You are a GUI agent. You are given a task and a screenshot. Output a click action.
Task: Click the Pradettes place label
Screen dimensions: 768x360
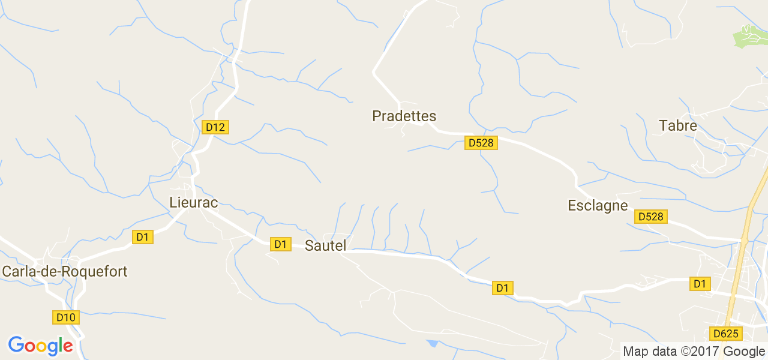click(404, 116)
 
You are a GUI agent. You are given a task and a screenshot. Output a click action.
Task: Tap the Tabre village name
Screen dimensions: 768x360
click(678, 125)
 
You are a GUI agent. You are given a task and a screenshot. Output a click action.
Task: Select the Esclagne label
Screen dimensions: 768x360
click(598, 206)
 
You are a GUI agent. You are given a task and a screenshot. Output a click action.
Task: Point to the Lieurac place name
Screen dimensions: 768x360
click(193, 202)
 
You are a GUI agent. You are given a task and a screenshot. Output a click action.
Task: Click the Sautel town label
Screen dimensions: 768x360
click(326, 245)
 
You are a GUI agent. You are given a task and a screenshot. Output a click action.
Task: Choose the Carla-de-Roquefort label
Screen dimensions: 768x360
click(65, 271)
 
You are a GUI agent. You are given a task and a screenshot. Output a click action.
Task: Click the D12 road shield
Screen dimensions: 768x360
click(215, 127)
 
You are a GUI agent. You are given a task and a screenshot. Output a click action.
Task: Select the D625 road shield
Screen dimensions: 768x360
click(726, 334)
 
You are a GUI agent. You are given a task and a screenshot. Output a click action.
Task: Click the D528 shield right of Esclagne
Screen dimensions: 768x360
click(650, 217)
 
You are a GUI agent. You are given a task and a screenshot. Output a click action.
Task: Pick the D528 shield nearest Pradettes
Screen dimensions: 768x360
click(481, 143)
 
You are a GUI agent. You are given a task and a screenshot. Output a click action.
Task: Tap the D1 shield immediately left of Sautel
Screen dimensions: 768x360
click(280, 244)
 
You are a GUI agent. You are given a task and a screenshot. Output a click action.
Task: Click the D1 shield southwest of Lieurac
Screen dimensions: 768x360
click(142, 237)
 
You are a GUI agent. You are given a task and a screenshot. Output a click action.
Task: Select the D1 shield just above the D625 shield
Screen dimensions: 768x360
click(699, 284)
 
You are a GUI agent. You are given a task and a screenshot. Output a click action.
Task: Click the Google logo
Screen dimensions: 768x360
click(40, 346)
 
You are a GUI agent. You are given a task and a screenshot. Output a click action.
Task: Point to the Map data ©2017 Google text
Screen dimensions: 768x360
click(694, 351)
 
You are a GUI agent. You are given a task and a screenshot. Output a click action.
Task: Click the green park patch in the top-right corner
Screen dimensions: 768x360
click(749, 37)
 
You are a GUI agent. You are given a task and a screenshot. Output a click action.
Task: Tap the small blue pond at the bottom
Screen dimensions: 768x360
click(432, 344)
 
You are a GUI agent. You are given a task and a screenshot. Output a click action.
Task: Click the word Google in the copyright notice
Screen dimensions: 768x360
click(743, 351)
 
